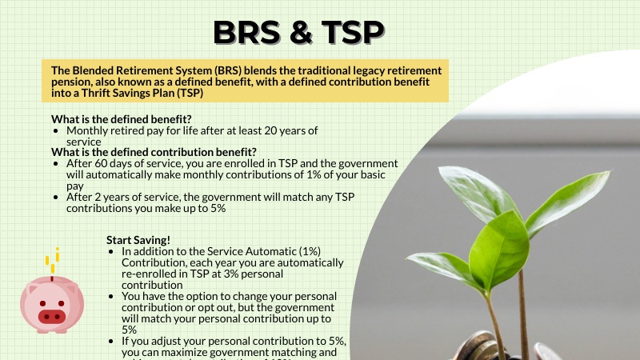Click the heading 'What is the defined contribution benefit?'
154,152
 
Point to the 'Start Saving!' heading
138,239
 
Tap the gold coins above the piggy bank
53,260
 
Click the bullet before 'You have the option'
111,296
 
